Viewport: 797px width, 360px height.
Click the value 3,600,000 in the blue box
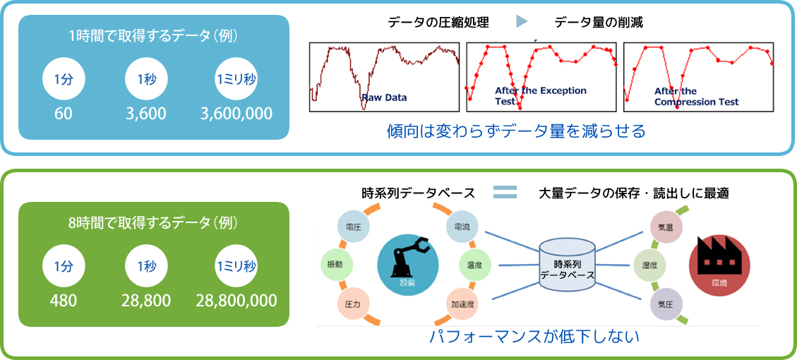236,114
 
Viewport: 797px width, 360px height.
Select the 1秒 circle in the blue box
146,79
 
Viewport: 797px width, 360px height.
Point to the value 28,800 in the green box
146,301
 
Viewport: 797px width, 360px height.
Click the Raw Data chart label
384,97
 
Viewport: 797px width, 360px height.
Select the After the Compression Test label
695,97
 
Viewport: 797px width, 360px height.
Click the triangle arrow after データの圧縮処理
522,22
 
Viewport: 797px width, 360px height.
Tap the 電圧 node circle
354,227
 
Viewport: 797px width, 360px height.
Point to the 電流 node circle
463,227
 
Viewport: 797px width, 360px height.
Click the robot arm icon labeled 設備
406,264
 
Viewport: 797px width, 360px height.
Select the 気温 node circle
666,228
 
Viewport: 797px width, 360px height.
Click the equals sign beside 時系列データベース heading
505,192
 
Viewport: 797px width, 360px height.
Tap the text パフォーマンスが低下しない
534,337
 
